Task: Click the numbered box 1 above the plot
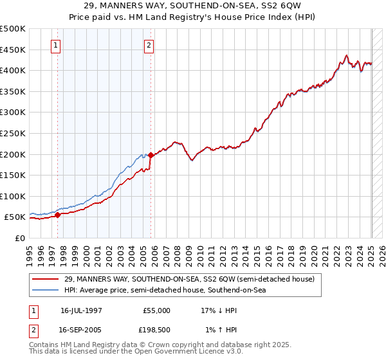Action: pos(57,45)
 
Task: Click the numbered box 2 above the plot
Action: pos(149,45)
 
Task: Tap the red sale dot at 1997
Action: pos(57,215)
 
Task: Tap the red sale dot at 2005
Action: pos(151,155)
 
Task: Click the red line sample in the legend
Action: pos(45,279)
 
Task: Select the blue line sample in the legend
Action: pos(45,291)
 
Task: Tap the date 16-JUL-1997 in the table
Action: pos(82,310)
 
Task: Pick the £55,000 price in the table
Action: pos(156,310)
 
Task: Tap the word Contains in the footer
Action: pos(44,345)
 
